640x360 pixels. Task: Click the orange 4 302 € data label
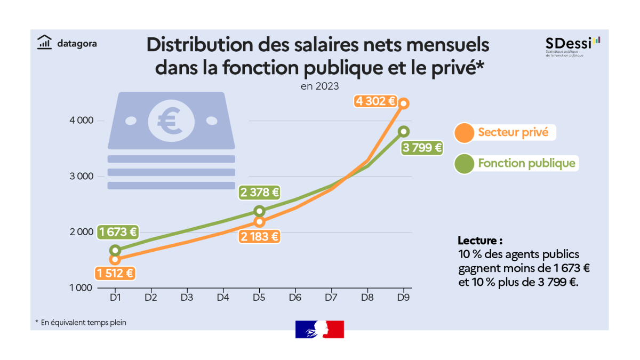[x=377, y=101]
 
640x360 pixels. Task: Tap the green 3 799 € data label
[x=422, y=148]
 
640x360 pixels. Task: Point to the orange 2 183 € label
[x=260, y=236]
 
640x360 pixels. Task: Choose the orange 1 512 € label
[x=115, y=274]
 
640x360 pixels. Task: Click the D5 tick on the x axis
[x=259, y=298]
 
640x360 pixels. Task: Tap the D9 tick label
[x=404, y=298]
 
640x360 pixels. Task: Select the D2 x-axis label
[x=150, y=298]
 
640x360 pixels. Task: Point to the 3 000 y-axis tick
[x=82, y=177]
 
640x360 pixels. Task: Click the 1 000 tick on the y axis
[x=82, y=288]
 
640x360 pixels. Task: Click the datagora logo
[x=67, y=43]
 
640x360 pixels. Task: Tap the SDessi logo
[x=572, y=45]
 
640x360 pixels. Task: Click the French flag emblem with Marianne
[x=319, y=330]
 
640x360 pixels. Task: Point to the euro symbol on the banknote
[x=171, y=121]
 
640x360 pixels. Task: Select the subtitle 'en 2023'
[x=319, y=86]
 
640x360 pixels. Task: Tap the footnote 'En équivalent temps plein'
[x=81, y=322]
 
